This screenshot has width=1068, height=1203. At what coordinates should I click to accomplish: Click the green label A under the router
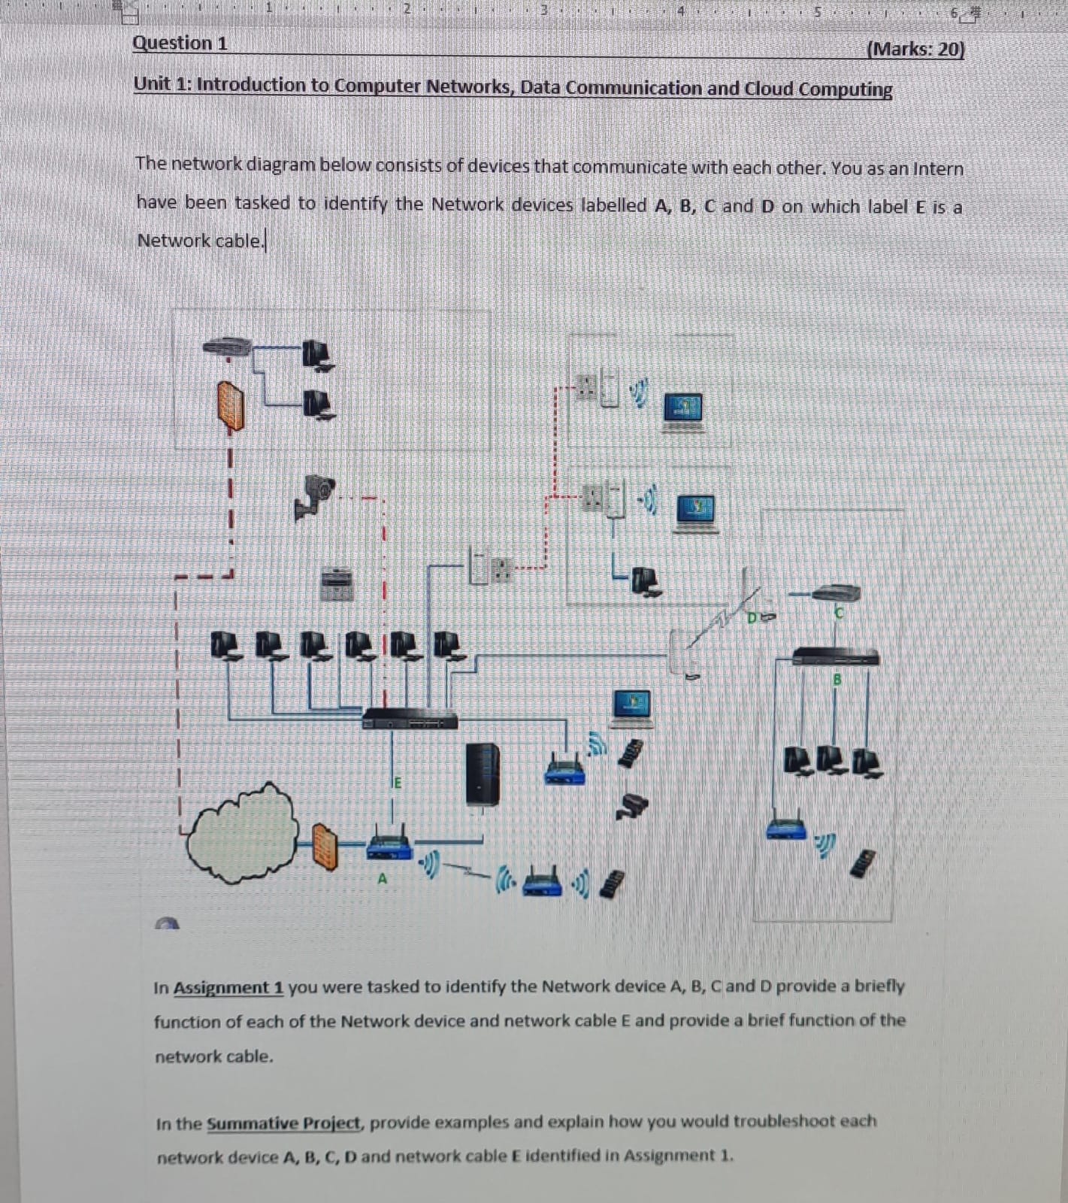(x=382, y=877)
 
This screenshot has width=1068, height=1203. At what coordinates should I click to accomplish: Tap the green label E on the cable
(x=398, y=783)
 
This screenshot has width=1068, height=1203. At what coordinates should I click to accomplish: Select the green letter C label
(x=840, y=614)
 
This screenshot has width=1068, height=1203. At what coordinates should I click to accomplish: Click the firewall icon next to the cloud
(x=325, y=846)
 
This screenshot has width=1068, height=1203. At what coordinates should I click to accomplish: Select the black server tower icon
(x=482, y=774)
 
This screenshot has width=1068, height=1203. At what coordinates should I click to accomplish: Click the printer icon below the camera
(x=337, y=583)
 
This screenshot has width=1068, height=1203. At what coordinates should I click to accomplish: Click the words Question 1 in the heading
(x=180, y=43)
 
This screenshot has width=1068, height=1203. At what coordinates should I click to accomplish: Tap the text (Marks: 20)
(x=915, y=49)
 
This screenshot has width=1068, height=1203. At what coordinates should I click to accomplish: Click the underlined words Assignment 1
(x=228, y=987)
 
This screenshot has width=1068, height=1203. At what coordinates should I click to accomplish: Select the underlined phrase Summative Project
(x=284, y=1123)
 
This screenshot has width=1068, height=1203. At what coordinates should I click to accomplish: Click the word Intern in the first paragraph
(x=937, y=168)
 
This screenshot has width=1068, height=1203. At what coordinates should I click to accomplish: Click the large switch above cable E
(x=410, y=719)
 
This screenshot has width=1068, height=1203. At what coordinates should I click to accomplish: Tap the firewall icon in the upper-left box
(x=231, y=406)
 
